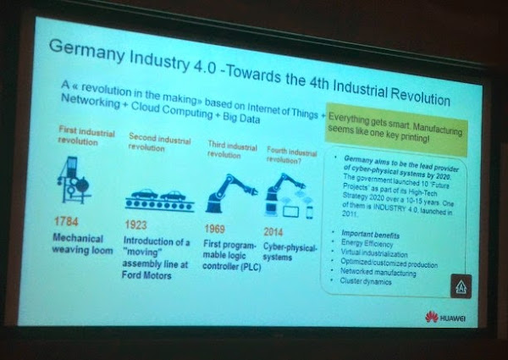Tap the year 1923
142,225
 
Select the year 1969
218,229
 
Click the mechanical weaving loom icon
75,181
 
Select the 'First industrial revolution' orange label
84,136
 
